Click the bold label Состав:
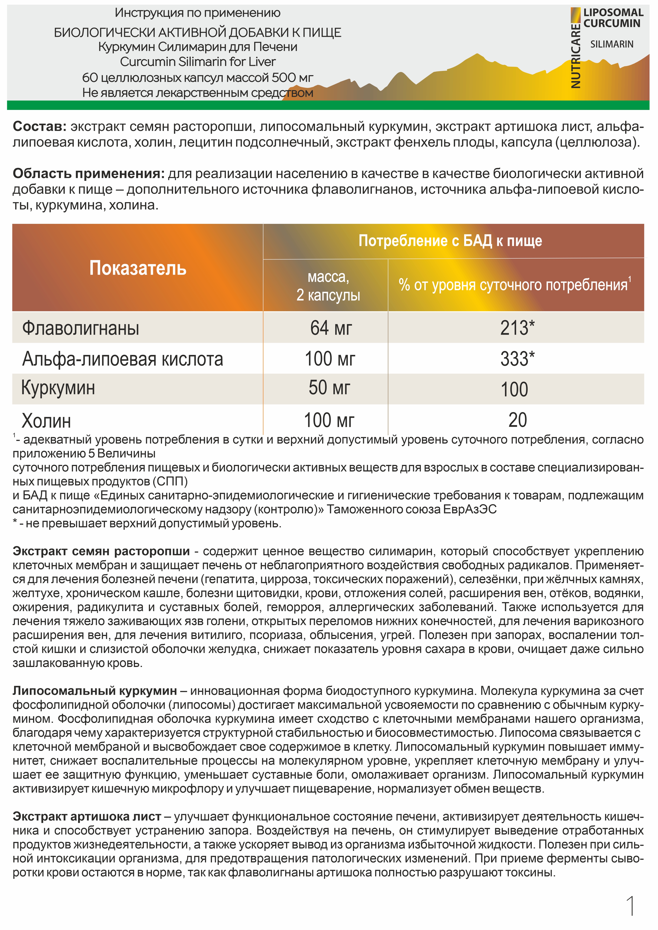coord(39,127)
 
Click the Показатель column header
coord(138,268)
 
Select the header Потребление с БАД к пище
coord(450,241)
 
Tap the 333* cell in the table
coord(517,359)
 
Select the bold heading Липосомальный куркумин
coord(94,691)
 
